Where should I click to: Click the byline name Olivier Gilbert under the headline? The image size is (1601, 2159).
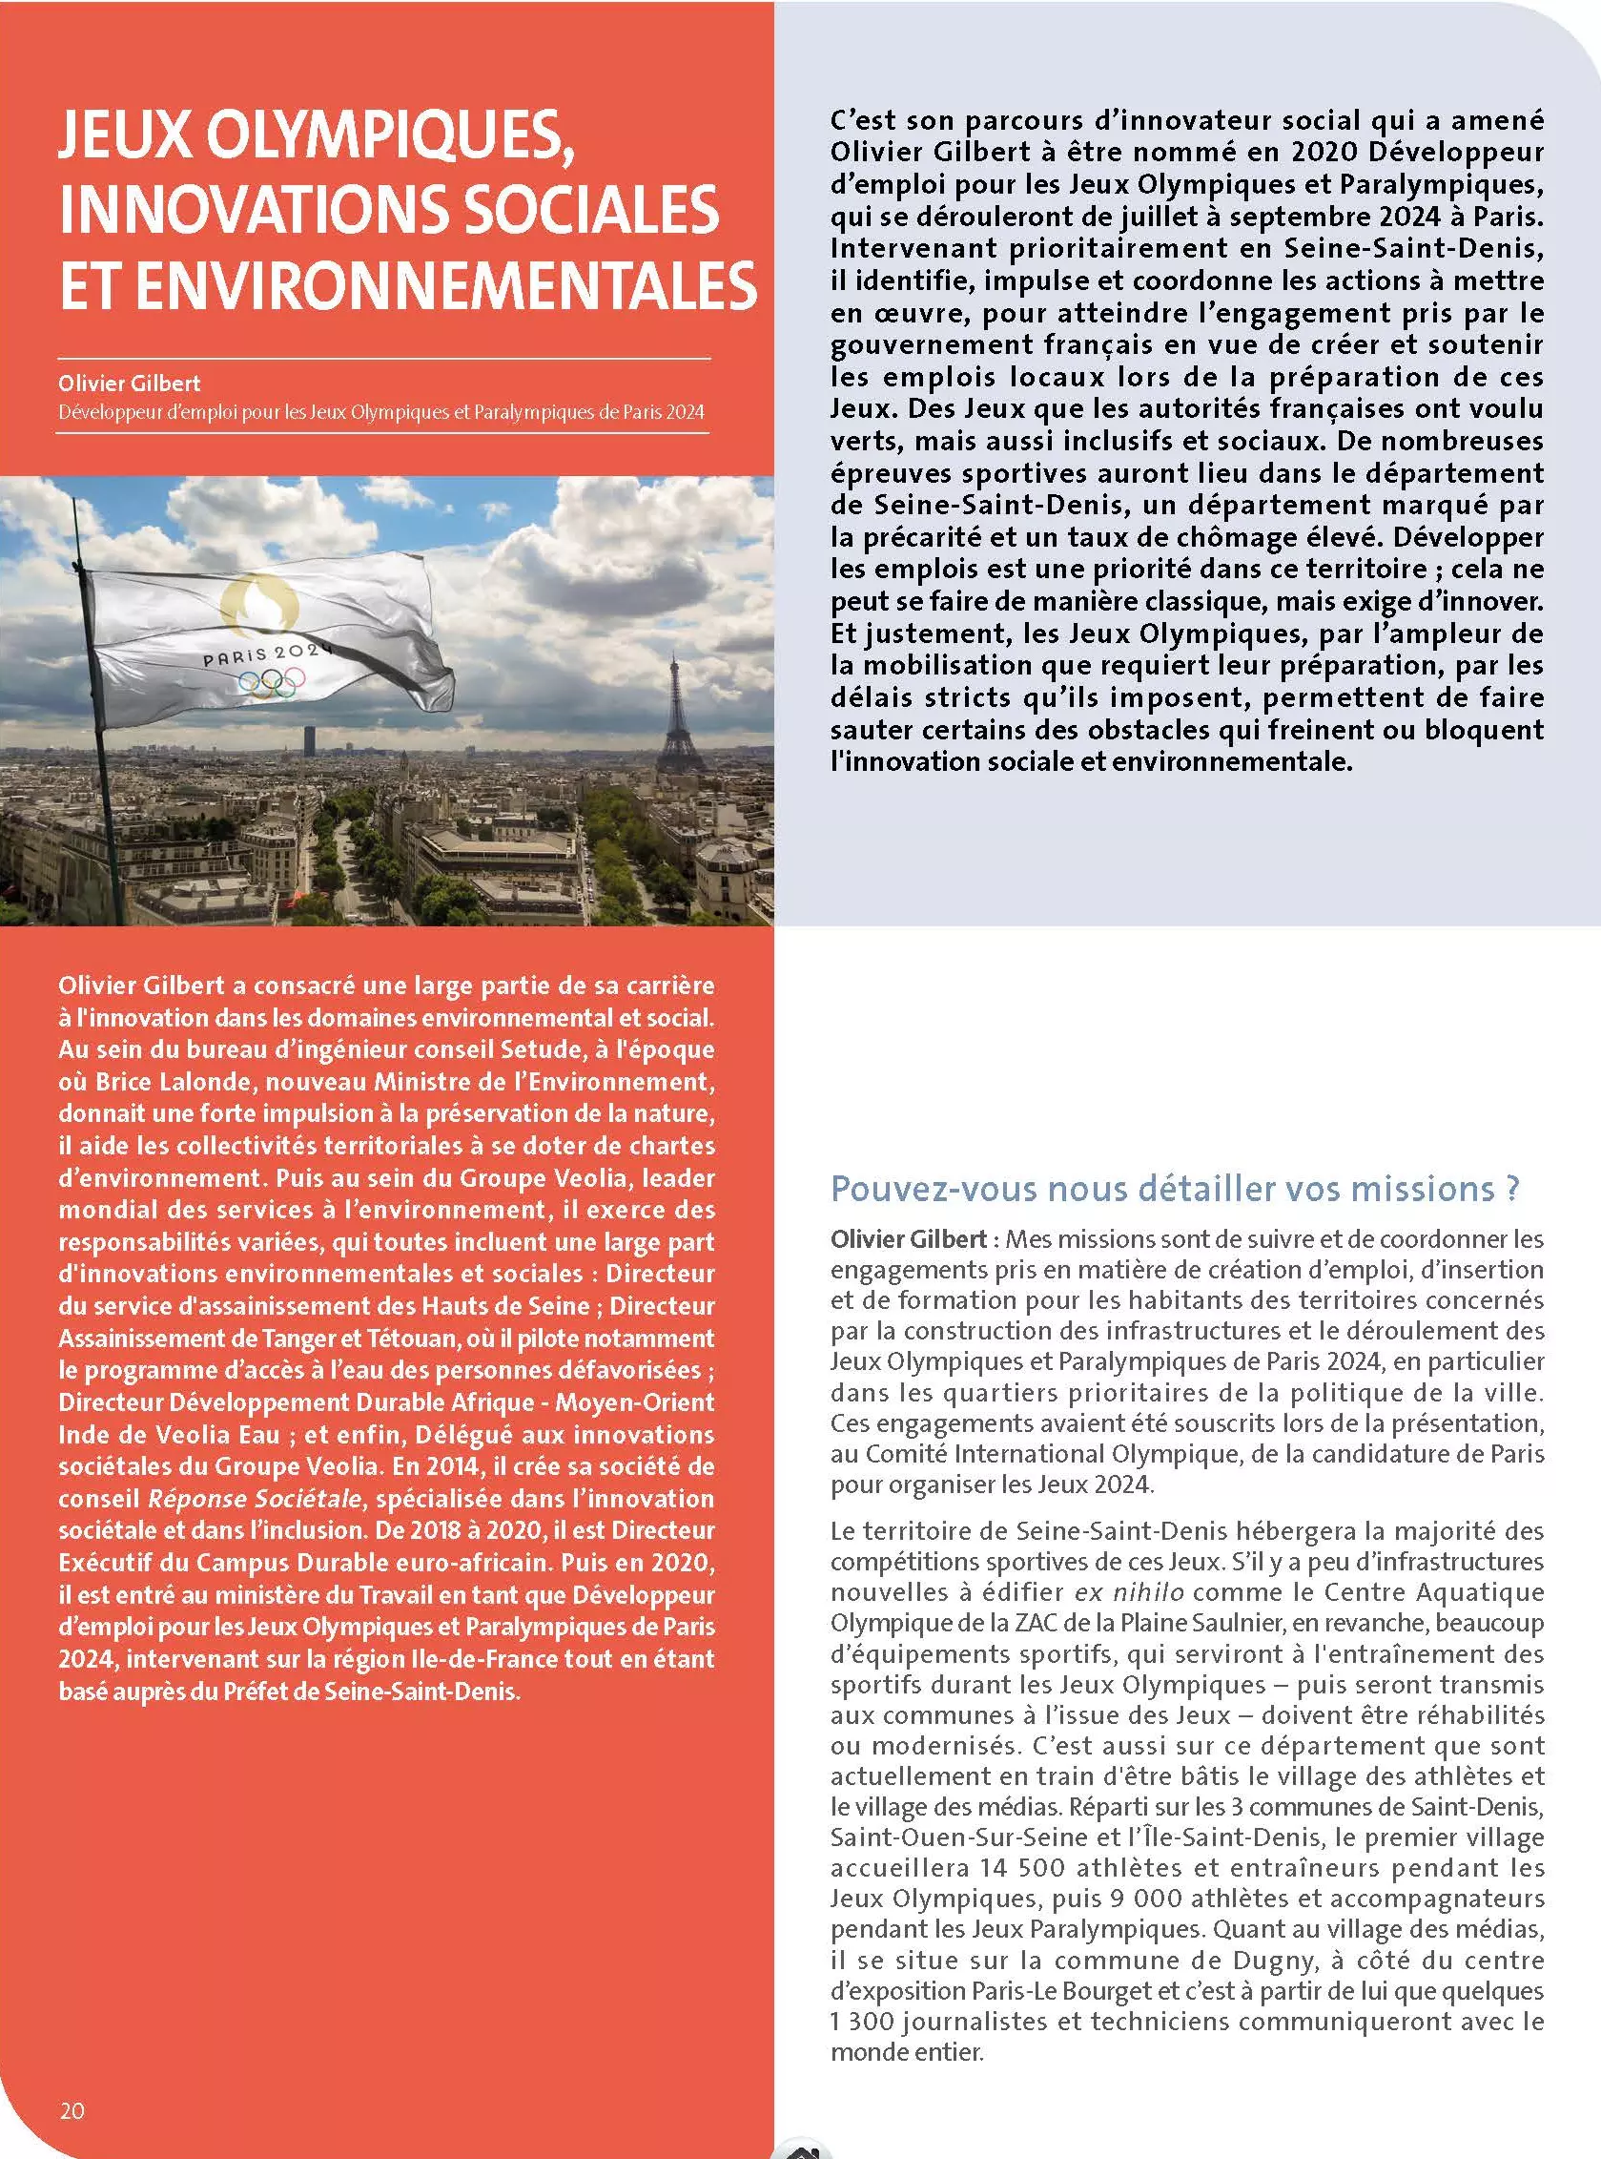129,383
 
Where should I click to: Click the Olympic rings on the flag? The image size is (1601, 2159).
273,682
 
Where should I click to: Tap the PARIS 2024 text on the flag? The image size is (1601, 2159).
266,654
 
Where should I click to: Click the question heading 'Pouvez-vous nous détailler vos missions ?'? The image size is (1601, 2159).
1175,1189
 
